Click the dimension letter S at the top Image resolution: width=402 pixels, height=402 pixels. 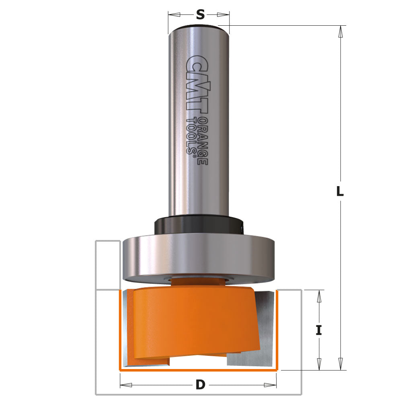[x=200, y=15]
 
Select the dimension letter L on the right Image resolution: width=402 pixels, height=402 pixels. [x=340, y=192]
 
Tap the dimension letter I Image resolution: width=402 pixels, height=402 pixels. [x=319, y=330]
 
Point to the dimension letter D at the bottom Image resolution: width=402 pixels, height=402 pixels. [x=200, y=385]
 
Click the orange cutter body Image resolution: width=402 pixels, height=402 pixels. [x=193, y=322]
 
